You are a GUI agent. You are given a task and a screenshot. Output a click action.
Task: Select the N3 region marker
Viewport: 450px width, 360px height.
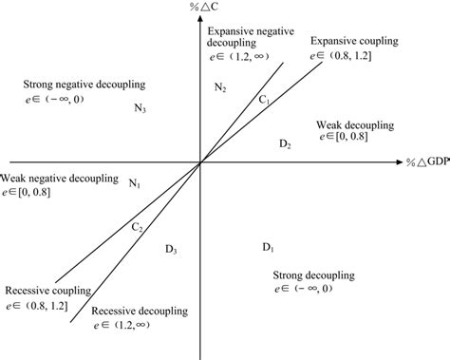140,108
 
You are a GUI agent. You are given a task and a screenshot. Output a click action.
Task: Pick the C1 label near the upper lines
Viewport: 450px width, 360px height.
265,100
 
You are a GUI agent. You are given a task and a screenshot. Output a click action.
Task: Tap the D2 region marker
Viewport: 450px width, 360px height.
285,143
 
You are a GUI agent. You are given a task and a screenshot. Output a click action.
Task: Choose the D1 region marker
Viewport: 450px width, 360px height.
268,249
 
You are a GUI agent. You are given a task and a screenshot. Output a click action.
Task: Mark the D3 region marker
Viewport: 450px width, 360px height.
170,250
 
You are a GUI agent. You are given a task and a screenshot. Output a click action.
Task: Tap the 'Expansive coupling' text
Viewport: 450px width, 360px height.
353,43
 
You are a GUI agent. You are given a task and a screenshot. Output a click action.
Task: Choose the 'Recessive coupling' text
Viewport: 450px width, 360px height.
46,290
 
